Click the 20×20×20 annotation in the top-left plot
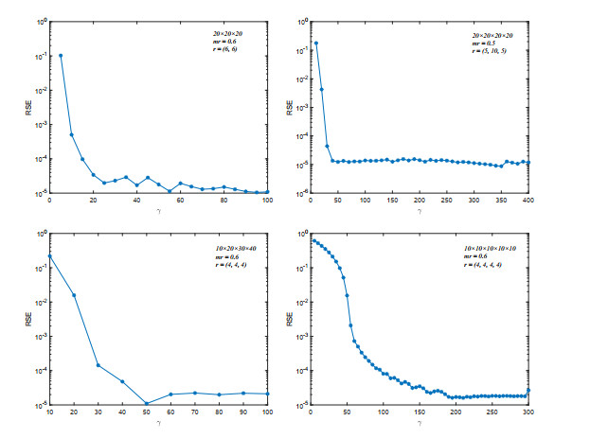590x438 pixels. (x=233, y=32)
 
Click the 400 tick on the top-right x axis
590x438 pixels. (x=527, y=201)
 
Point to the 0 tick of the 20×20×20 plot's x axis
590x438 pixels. (x=49, y=201)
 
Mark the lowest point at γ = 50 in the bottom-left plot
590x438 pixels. (x=146, y=404)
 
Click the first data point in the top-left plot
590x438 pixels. (x=61, y=55)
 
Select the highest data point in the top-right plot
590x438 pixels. (x=316, y=43)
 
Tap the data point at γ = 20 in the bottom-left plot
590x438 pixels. (x=73, y=295)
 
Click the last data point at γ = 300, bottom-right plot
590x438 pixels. (x=527, y=390)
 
